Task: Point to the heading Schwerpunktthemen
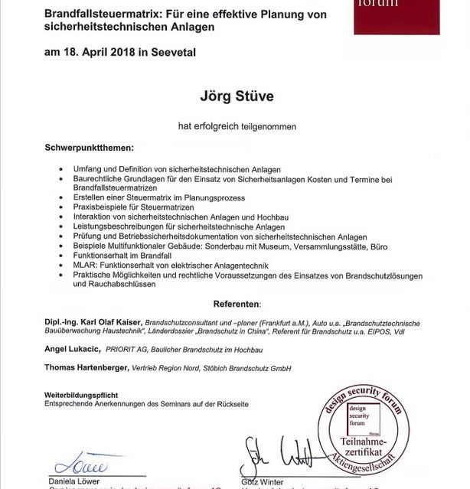click(89, 147)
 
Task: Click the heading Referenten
click(236, 304)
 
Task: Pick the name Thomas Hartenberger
click(86, 368)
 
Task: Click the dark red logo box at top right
click(397, 15)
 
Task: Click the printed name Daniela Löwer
click(73, 481)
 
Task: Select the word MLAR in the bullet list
click(84, 265)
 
